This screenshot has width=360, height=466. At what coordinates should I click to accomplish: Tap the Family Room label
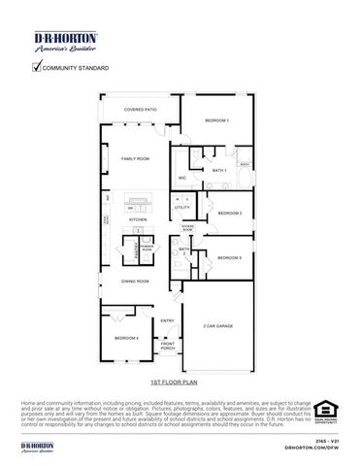135,158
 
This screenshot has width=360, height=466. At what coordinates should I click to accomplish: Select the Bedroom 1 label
216,119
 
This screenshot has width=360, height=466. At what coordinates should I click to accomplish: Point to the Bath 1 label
218,170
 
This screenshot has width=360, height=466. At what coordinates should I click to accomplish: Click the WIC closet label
182,178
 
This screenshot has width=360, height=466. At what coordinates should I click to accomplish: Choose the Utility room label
181,208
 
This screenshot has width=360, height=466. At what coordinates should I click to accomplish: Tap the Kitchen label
139,219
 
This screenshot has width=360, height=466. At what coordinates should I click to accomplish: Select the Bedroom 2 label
229,213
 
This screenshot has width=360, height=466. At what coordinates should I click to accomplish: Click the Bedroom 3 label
229,257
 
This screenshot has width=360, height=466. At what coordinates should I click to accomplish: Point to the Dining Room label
135,282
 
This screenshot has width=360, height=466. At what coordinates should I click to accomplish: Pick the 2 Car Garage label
215,326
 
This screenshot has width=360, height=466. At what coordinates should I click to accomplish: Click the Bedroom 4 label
126,337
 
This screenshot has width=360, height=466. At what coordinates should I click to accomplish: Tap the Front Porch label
168,346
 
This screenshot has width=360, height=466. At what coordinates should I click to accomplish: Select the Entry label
167,320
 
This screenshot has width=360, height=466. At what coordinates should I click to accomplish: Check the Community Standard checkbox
38,67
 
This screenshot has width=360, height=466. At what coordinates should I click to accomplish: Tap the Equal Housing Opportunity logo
324,415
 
